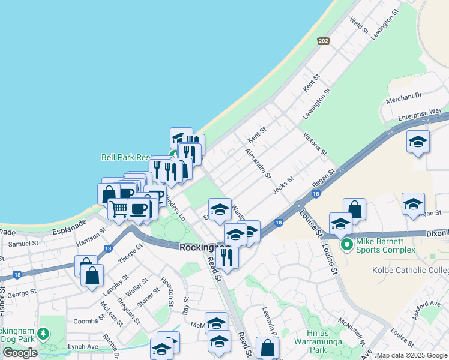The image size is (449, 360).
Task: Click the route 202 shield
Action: [x=324, y=41]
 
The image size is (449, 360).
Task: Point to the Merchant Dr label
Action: [x=404, y=97]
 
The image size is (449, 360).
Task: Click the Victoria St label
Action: [x=314, y=144]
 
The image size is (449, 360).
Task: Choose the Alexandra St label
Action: [x=258, y=164]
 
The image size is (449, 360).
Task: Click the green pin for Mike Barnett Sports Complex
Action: [x=346, y=245]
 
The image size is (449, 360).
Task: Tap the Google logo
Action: [x=20, y=353]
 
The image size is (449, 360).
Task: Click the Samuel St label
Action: [x=23, y=244]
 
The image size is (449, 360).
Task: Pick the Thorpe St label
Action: [x=130, y=252]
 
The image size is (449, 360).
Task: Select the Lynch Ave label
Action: [x=82, y=347]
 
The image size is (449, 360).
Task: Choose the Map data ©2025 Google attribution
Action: [x=412, y=355]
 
